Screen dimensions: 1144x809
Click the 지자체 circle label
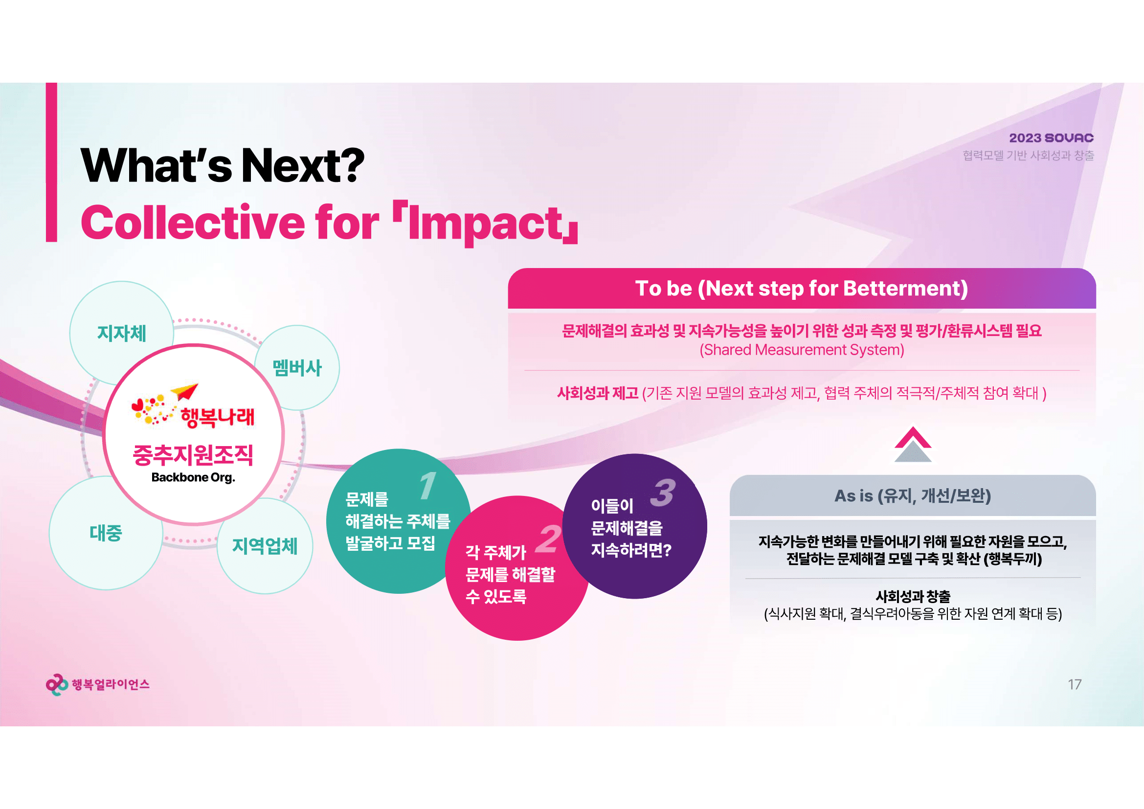[x=122, y=333]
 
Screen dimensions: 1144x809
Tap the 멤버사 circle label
[x=297, y=368]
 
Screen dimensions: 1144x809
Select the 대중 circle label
[x=106, y=533]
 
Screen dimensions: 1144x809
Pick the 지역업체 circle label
[x=265, y=546]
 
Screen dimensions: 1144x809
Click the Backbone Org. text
[x=193, y=477]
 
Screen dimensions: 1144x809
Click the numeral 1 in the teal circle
[x=427, y=485]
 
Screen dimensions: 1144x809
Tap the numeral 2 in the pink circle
[x=548, y=539]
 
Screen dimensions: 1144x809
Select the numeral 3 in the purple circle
[x=663, y=492]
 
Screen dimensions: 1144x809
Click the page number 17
[x=1074, y=684]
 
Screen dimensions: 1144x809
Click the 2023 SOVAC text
[x=1052, y=138]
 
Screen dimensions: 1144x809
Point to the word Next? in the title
[x=302, y=165]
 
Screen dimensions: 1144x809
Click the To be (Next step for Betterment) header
[x=801, y=289]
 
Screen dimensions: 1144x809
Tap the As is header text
[x=912, y=495]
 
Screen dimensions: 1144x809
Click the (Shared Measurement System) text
[x=802, y=350]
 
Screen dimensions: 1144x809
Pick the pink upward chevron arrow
[x=913, y=437]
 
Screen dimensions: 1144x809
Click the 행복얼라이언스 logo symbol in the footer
[x=57, y=684]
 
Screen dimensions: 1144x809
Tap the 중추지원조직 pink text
[x=193, y=454]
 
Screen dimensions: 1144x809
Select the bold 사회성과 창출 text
[x=913, y=596]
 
